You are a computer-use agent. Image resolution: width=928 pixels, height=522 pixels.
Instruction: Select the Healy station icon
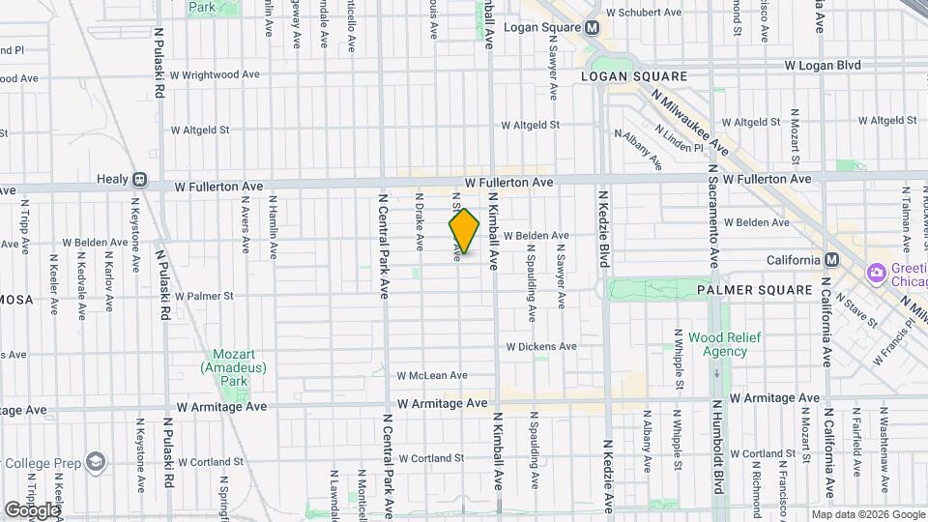tap(140, 179)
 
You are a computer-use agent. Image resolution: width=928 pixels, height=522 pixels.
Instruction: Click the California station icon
tap(830, 259)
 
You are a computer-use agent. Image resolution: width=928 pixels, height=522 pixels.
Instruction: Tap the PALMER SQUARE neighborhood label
tap(754, 289)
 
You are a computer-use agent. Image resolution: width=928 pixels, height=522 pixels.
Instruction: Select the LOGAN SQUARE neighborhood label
tap(634, 75)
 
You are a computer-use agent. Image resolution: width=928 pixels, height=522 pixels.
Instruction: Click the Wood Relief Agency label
tap(724, 344)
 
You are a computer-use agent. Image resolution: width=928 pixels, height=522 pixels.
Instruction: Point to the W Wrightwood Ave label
tap(215, 73)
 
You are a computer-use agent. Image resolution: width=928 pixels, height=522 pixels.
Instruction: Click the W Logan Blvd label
tap(822, 65)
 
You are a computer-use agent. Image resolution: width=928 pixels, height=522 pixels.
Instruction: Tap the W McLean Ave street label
tap(431, 375)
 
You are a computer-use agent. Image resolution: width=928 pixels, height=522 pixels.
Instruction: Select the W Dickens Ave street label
tap(541, 346)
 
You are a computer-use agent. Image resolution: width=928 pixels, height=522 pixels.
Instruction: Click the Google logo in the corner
tap(33, 509)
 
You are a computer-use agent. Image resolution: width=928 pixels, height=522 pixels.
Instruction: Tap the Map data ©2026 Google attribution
tap(867, 514)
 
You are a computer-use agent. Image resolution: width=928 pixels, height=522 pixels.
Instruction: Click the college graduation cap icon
tap(96, 462)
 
